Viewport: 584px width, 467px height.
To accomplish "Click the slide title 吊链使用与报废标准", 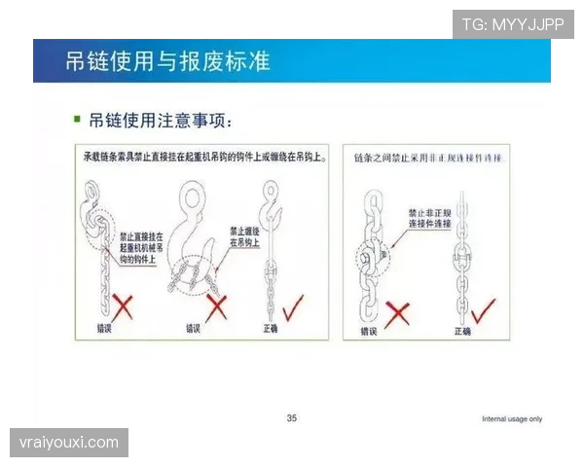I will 166,62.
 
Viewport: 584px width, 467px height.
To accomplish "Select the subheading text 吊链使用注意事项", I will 160,120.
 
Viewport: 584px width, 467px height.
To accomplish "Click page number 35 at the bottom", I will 292,418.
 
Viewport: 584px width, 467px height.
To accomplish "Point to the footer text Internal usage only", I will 512,419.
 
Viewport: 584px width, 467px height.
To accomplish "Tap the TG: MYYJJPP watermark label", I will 512,24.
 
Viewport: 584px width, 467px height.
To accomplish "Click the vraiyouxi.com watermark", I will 69,443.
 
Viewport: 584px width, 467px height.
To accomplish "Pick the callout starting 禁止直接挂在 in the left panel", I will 141,248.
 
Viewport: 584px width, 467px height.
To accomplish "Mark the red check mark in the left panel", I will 291,306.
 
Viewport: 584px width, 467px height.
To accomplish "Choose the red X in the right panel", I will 397,312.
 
